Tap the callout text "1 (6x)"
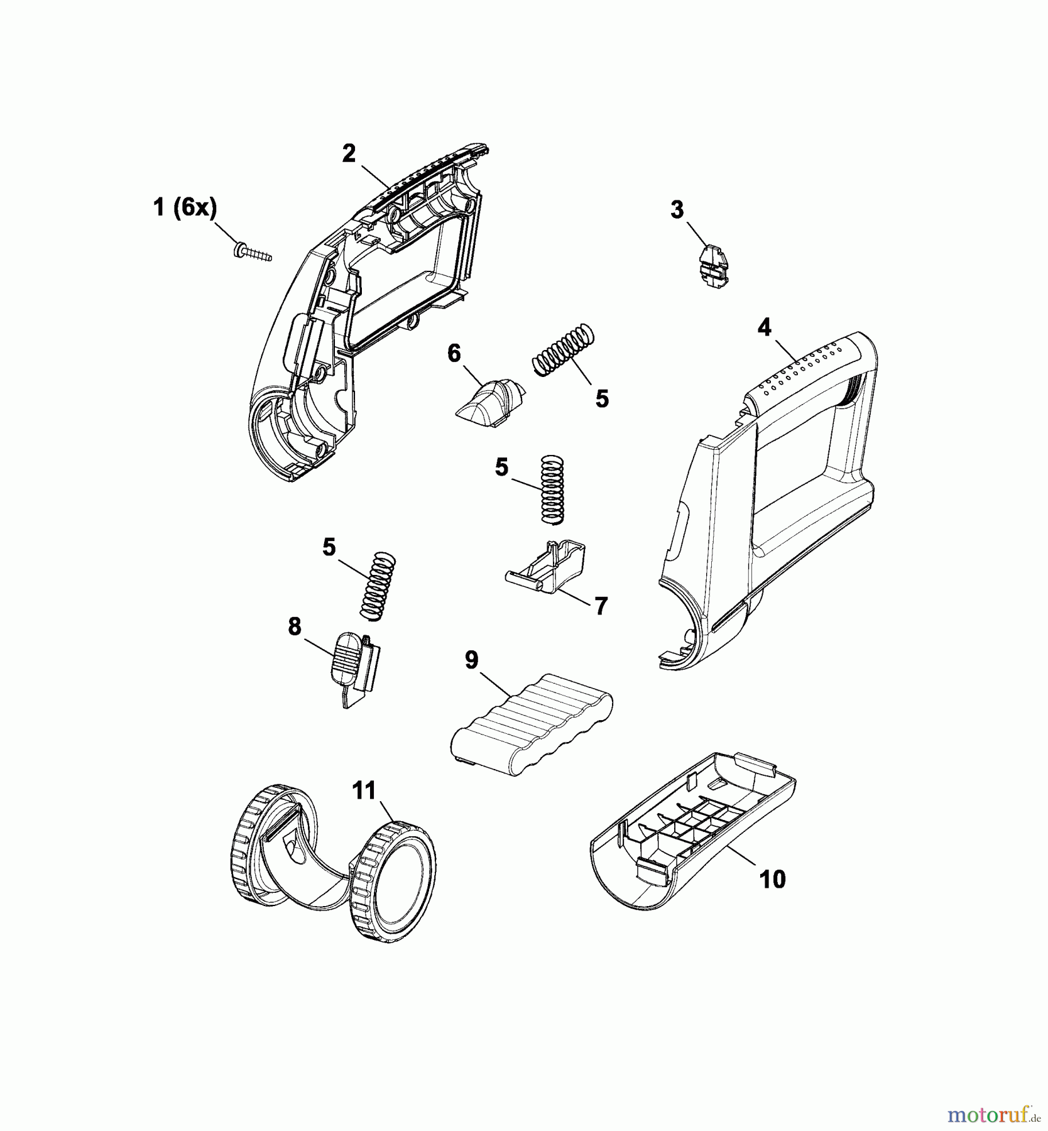185,207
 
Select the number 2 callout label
349,154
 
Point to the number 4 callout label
765,328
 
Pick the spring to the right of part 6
563,349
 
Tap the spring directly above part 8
378,586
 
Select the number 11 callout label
364,791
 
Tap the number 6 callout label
454,354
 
